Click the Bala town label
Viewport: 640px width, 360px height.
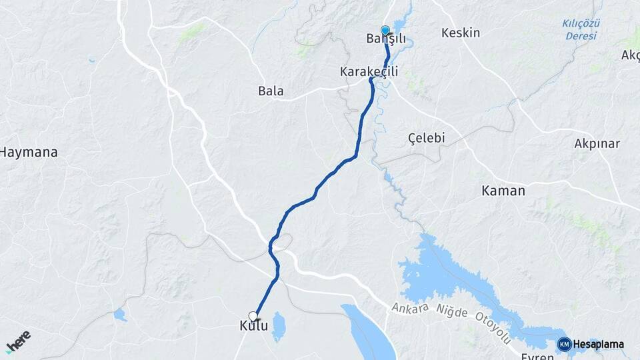271,91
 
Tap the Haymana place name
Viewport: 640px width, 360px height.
29,152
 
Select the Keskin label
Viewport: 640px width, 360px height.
461,33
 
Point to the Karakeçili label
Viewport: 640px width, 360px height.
369,71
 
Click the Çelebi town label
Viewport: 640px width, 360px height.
426,138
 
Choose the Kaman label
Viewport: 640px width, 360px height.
503,191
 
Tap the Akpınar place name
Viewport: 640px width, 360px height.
597,143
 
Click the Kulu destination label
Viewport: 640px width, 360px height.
253,326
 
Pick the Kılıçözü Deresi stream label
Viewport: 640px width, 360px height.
581,29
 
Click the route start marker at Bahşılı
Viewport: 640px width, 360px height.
385,30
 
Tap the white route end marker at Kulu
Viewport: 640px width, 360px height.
253,315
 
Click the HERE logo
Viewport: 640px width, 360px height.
18,341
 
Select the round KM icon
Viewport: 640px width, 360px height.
564,344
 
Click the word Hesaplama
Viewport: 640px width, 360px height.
598,344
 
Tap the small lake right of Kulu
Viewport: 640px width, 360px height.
279,326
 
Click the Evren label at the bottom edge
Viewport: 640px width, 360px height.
537,357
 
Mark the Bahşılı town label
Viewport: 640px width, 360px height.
386,39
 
